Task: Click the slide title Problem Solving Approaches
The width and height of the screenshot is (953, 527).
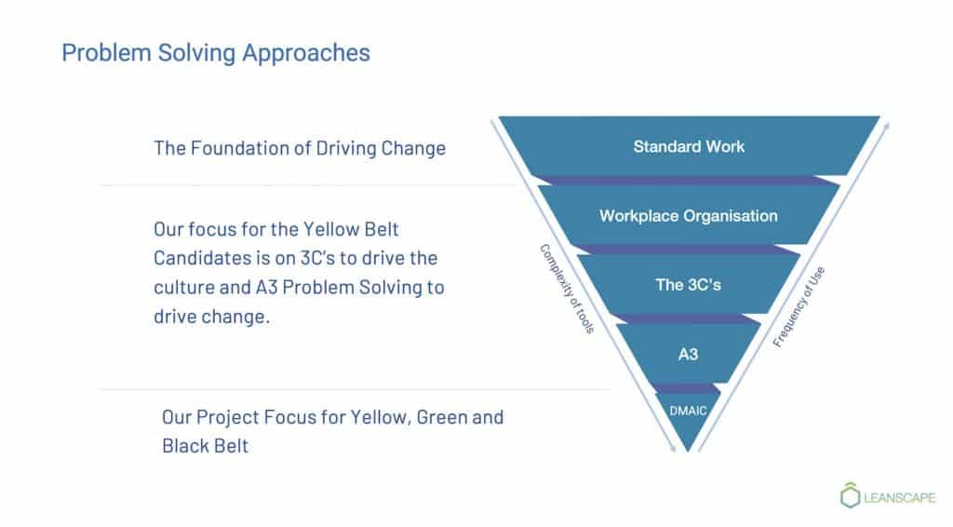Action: click(216, 53)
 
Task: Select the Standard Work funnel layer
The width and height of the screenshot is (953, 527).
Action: click(689, 146)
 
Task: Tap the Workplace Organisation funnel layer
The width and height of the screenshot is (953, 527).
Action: click(689, 216)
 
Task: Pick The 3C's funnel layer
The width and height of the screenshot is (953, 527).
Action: click(689, 285)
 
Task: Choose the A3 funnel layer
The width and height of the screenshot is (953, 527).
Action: click(689, 354)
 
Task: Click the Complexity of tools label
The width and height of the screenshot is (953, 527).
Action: click(567, 289)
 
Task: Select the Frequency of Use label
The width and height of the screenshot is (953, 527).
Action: click(799, 307)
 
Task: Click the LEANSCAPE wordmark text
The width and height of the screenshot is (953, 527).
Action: click(900, 498)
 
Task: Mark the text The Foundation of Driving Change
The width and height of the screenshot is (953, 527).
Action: click(300, 148)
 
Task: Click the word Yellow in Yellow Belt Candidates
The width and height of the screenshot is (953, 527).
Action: click(330, 229)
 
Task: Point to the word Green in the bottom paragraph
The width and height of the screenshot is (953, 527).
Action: click(442, 417)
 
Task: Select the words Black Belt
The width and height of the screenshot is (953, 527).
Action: click(206, 446)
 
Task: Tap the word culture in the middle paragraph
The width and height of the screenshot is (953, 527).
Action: click(183, 287)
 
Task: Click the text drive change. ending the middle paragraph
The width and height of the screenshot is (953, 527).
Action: click(211, 317)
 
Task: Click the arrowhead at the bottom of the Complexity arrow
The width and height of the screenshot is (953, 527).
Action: click(672, 448)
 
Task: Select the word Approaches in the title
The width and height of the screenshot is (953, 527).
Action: click(306, 54)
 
